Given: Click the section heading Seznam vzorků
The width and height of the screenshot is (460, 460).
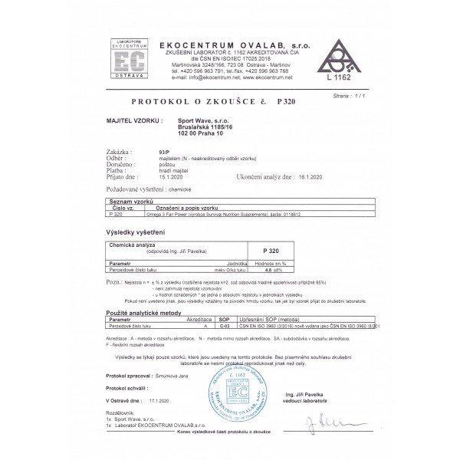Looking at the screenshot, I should pos(123,199).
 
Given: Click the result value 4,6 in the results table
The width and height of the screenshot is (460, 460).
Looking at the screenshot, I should pos(268,270).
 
